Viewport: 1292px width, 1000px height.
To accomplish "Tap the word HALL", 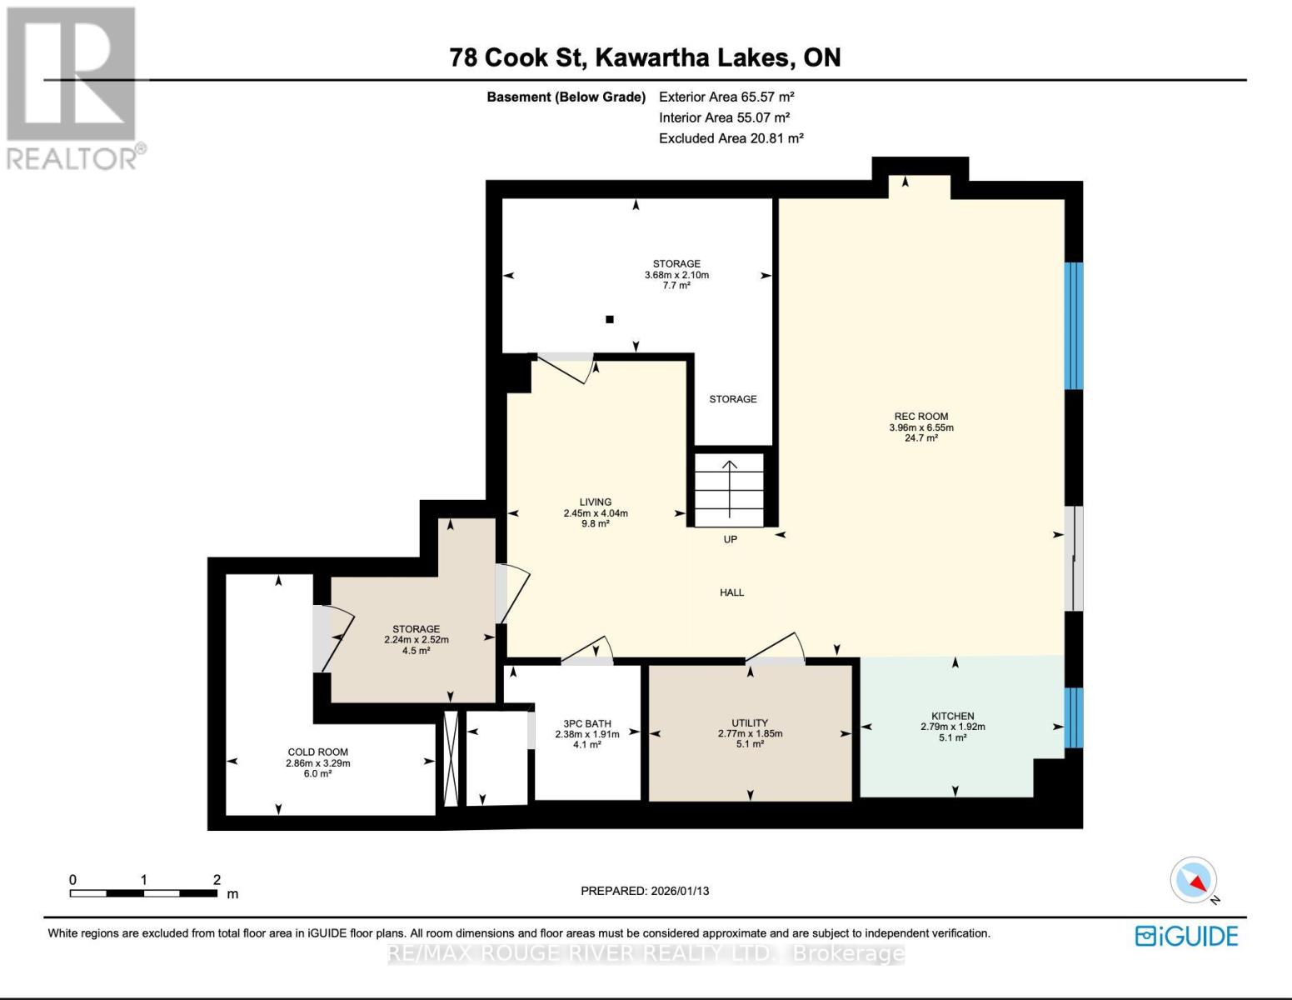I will pyautogui.click(x=731, y=592).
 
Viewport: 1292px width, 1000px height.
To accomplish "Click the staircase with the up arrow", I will pyautogui.click(x=730, y=490).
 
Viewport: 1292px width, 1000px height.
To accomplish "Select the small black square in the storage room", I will pyautogui.click(x=610, y=319).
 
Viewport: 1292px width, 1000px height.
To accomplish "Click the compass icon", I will pyautogui.click(x=1194, y=881).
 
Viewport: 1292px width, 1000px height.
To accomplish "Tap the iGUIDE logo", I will pyautogui.click(x=1186, y=936).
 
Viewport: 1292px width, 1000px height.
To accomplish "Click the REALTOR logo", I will pyautogui.click(x=73, y=87).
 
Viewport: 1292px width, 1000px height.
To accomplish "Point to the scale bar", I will pyautogui.click(x=143, y=893).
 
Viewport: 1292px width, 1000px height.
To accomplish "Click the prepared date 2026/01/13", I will pyautogui.click(x=645, y=891).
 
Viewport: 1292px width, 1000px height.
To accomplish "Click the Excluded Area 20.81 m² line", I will pyautogui.click(x=731, y=138).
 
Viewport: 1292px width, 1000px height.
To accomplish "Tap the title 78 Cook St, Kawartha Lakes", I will pyautogui.click(x=645, y=57).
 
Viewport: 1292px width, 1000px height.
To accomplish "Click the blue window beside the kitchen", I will pyautogui.click(x=1074, y=717).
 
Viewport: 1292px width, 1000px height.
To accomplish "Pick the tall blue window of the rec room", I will pyautogui.click(x=1074, y=326).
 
